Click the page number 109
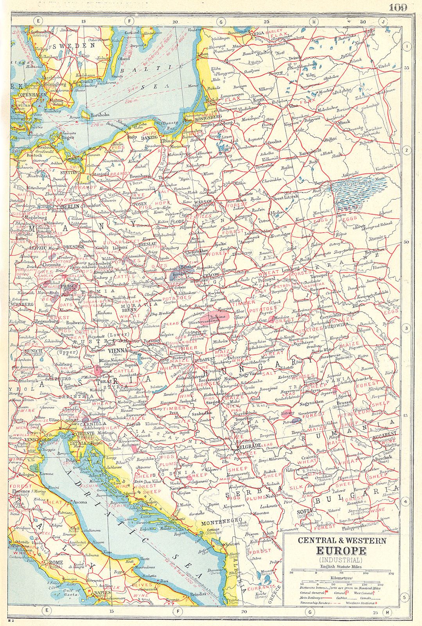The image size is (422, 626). point(398,7)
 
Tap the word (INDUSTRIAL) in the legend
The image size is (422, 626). point(341,559)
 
